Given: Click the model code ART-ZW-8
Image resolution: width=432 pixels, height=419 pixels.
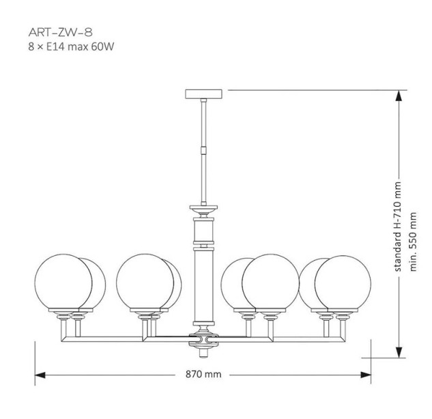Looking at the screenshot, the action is (x=60, y=33).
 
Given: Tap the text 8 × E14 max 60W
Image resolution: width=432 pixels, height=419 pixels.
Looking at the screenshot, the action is (x=71, y=47).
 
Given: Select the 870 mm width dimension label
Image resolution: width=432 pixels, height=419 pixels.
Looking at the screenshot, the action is (x=203, y=374).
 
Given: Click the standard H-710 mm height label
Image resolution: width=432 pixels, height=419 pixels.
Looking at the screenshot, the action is (x=398, y=227).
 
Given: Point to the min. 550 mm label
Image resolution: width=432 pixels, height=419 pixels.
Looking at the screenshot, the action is (x=414, y=242).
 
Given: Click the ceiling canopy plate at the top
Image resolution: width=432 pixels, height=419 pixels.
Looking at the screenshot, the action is (x=203, y=93).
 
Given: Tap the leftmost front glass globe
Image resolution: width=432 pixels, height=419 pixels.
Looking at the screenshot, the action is (x=63, y=282).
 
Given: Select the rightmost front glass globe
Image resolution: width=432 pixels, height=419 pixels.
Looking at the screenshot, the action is (x=343, y=284).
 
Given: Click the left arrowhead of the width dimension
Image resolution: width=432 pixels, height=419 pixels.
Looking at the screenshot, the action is (x=40, y=375).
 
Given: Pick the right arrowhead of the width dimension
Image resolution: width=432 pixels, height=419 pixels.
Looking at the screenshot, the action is (x=366, y=375).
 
